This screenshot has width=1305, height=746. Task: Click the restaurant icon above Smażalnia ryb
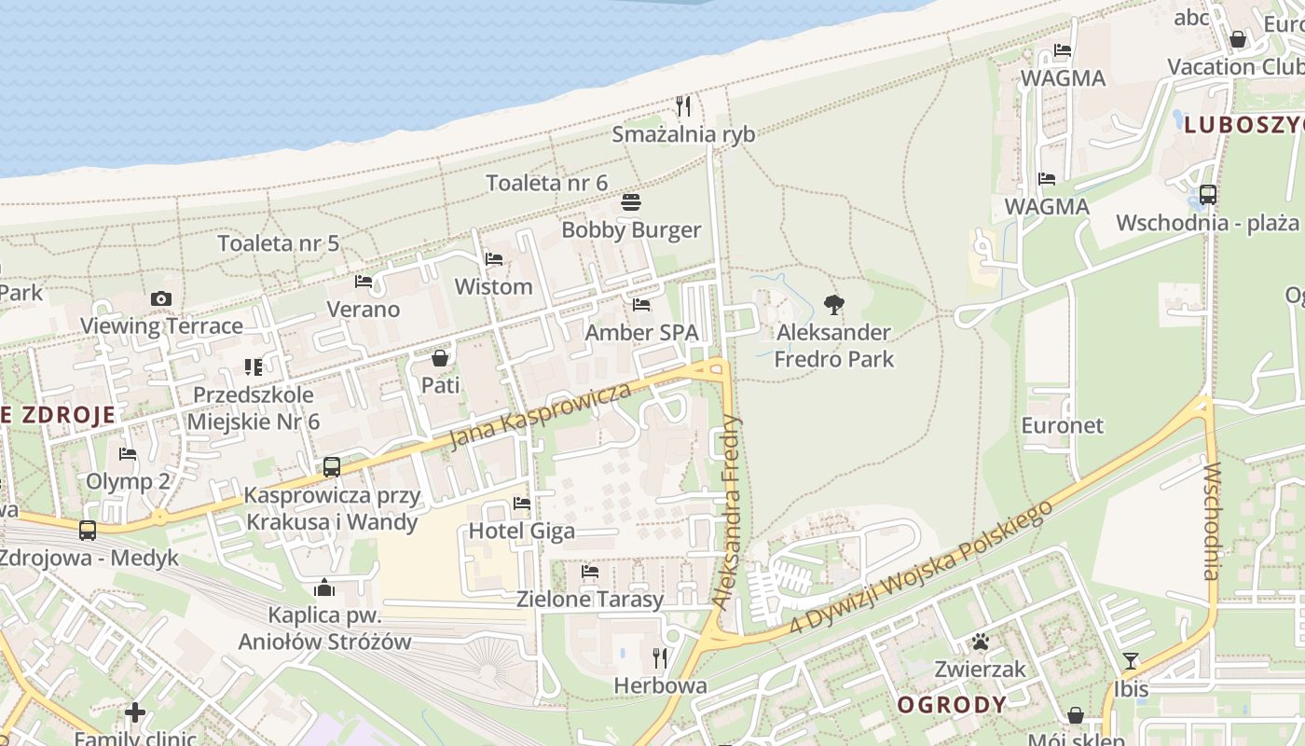click(683, 106)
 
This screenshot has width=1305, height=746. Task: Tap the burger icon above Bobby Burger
click(631, 202)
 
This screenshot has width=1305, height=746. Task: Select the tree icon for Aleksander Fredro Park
click(834, 304)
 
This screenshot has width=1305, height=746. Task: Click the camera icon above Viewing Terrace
click(161, 299)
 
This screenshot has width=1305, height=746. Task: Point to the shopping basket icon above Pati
click(440, 358)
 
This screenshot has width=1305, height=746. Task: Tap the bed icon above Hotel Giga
click(522, 504)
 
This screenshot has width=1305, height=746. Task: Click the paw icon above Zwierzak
click(981, 642)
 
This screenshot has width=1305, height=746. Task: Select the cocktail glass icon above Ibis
click(1131, 661)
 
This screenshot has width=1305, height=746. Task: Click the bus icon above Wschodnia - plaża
click(1208, 195)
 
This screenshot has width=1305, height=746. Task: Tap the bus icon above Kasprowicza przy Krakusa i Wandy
click(332, 467)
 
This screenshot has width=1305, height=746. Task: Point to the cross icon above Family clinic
click(135, 712)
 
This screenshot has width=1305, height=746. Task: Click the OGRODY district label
click(952, 705)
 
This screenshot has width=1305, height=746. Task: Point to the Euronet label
click(1062, 426)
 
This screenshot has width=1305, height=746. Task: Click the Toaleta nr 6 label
click(547, 183)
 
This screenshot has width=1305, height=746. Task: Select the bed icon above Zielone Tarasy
click(590, 572)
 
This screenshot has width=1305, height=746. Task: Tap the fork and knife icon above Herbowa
click(660, 658)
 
